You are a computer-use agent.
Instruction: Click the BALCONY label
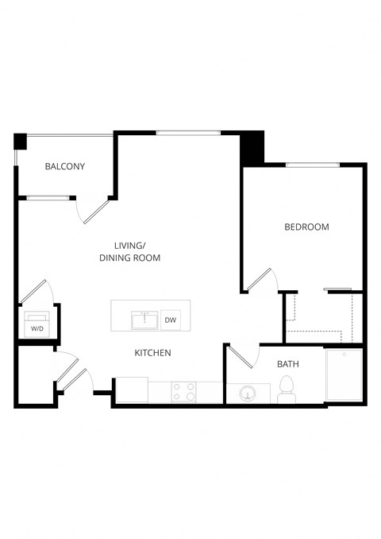point(65,166)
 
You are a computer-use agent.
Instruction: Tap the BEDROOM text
point(306,227)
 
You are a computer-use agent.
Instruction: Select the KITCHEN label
point(152,352)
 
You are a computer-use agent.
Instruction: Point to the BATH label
point(287,364)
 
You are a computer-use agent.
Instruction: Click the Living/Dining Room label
point(129,251)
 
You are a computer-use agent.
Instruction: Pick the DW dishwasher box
point(170,320)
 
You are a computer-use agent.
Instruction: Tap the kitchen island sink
point(144,320)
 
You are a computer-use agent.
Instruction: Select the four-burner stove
point(185,391)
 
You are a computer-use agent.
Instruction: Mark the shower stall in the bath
point(344,374)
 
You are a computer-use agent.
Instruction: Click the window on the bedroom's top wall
point(313,165)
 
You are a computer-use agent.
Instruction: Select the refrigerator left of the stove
point(132,390)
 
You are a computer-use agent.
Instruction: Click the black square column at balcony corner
point(21,142)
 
